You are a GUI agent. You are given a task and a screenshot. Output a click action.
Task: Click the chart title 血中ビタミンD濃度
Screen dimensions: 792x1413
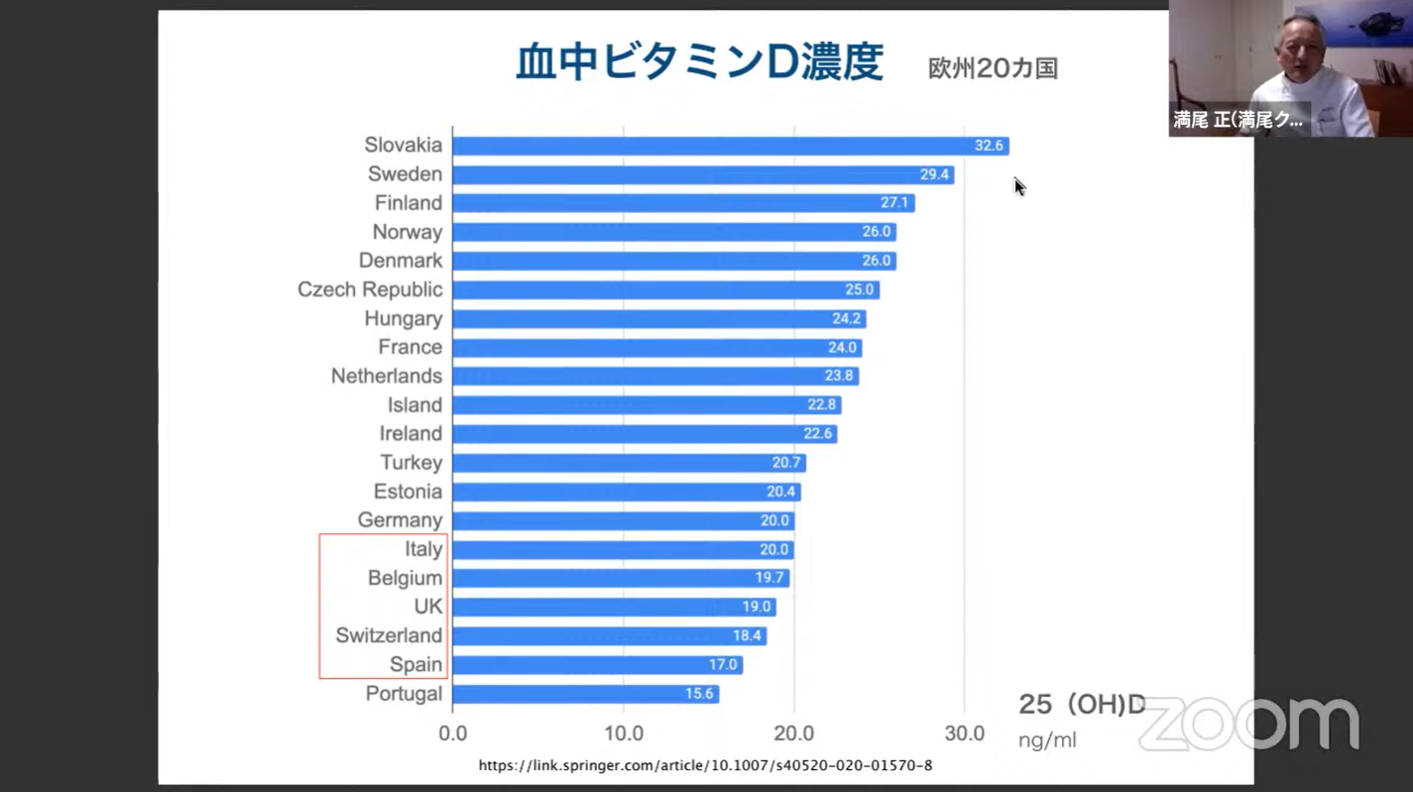click(699, 62)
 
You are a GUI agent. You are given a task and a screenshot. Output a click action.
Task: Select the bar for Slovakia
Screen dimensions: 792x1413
click(730, 146)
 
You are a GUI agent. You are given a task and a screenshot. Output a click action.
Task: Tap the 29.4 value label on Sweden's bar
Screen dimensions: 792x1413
click(934, 174)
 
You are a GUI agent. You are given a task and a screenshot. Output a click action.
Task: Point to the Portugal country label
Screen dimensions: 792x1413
click(404, 694)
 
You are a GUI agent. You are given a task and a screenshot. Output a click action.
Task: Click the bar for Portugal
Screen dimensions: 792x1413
click(585, 694)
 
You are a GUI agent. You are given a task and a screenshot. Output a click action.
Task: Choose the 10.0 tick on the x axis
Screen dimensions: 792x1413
click(623, 735)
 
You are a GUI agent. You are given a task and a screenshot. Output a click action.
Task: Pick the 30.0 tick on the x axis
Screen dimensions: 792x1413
click(964, 735)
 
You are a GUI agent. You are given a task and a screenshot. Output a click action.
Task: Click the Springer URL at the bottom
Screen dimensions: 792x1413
click(705, 765)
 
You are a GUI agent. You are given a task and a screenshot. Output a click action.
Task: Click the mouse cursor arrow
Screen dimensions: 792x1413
click(1018, 186)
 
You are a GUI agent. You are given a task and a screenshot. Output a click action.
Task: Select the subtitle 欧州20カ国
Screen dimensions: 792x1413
click(993, 68)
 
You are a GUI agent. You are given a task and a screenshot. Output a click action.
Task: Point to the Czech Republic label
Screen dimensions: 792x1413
click(370, 289)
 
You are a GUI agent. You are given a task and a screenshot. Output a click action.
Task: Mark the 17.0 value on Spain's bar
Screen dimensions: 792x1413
click(722, 665)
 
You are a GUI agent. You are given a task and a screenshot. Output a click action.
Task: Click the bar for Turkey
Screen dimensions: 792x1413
click(629, 463)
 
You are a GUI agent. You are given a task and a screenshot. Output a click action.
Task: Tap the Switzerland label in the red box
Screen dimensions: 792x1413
click(389, 635)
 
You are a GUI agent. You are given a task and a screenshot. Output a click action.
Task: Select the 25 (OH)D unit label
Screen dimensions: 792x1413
click(1082, 705)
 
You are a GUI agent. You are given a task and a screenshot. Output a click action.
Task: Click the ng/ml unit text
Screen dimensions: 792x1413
click(1047, 740)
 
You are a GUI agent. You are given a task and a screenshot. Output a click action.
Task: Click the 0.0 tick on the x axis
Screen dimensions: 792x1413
click(453, 735)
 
